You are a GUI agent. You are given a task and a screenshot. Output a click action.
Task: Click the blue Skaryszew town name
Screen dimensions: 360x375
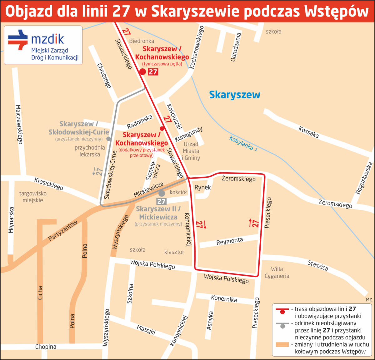pyautogui.click(x=234, y=95)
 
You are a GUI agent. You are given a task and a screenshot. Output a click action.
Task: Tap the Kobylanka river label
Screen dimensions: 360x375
pyautogui.click(x=243, y=144)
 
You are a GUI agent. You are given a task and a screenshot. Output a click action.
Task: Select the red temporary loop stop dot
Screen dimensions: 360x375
pyautogui.click(x=142, y=72)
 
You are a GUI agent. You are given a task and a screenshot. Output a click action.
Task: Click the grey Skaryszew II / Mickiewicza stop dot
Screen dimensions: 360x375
pyautogui.click(x=162, y=193)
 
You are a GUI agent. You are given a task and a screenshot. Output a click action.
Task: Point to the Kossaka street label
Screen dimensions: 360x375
pyautogui.click(x=308, y=132)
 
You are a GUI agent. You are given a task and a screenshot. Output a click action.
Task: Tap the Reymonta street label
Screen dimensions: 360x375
pyautogui.click(x=229, y=241)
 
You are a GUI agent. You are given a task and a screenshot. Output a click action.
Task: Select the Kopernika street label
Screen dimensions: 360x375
pyautogui.click(x=224, y=298)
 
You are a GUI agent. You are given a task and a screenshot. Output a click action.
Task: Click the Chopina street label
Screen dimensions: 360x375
pyautogui.click(x=46, y=347)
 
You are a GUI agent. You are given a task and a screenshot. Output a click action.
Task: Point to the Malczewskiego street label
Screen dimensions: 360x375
pyautogui.click(x=19, y=124)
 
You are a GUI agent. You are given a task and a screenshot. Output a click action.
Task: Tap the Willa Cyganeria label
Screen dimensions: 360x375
pyautogui.click(x=277, y=272)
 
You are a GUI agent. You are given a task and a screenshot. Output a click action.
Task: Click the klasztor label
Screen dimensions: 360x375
pyautogui.click(x=174, y=252)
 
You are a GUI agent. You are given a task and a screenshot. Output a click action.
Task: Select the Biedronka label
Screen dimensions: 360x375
pyautogui.click(x=142, y=41)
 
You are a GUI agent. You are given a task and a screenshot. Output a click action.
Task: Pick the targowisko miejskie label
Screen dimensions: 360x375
pyautogui.click(x=33, y=197)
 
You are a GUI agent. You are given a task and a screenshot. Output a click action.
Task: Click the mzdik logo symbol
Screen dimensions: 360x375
pyautogui.click(x=18, y=40)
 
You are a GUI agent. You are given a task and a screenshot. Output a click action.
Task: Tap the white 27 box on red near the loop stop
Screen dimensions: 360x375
pyautogui.click(x=153, y=72)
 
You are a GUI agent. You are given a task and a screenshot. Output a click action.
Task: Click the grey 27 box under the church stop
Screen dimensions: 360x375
pyautogui.click(x=162, y=201)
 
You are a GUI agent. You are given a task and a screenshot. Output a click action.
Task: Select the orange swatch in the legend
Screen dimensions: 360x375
pyautogui.click(x=282, y=345)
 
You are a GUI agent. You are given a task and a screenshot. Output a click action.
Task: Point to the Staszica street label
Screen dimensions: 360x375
pyautogui.click(x=318, y=265)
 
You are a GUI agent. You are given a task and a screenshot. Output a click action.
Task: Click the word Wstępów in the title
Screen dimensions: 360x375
pyautogui.click(x=336, y=12)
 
